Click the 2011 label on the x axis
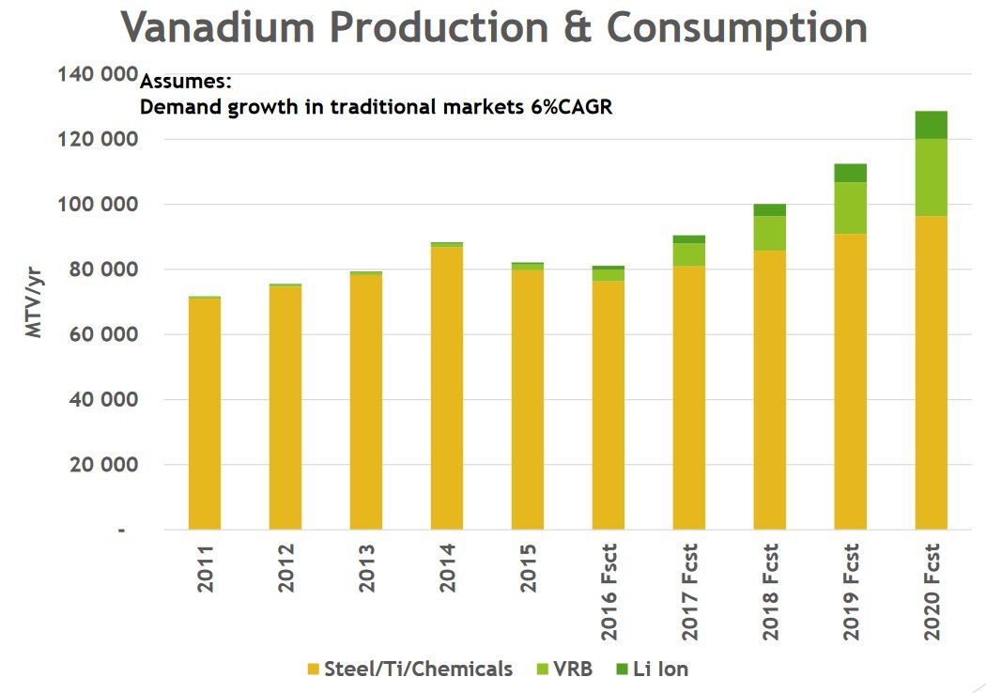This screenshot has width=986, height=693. click(206, 567)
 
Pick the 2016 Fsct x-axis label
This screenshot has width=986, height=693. click(609, 592)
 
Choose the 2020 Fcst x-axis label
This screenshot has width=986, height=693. click(932, 592)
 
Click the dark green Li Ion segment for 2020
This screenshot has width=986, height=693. click(931, 125)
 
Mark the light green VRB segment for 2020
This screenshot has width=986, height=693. click(931, 177)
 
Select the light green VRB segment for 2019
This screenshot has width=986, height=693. click(850, 208)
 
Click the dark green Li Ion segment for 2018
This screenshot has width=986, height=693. click(769, 210)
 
